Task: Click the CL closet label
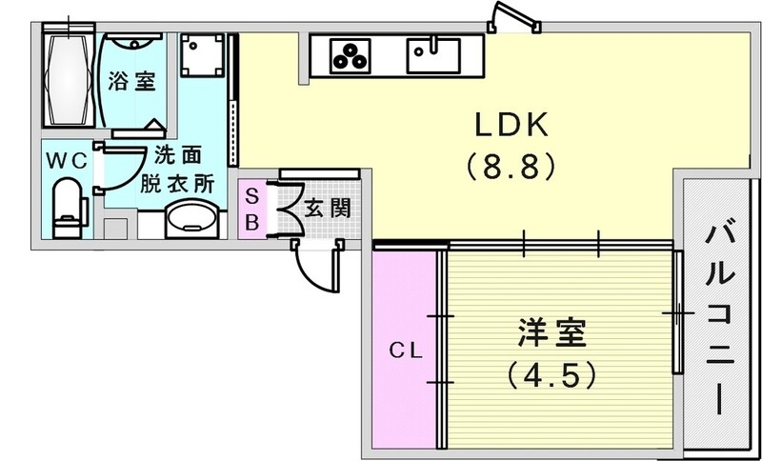pyautogui.click(x=405, y=350)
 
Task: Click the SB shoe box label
pyautogui.click(x=251, y=208)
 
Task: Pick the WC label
pyautogui.click(x=67, y=160)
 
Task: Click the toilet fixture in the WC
pyautogui.click(x=68, y=207)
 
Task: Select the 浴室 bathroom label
pyautogui.click(x=132, y=81)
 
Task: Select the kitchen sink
pyautogui.click(x=433, y=53)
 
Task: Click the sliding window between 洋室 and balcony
pyautogui.click(x=677, y=312)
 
